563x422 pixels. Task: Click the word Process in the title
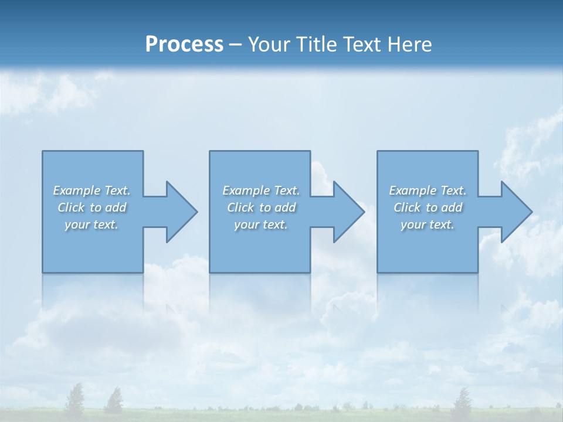pyautogui.click(x=184, y=44)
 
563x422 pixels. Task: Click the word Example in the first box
pyautogui.click(x=77, y=190)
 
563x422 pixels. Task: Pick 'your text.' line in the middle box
pyautogui.click(x=260, y=224)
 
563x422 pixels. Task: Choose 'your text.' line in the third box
pyautogui.click(x=427, y=224)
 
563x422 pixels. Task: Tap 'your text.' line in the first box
pyautogui.click(x=91, y=224)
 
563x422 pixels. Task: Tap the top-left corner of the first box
pyautogui.click(x=43, y=152)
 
